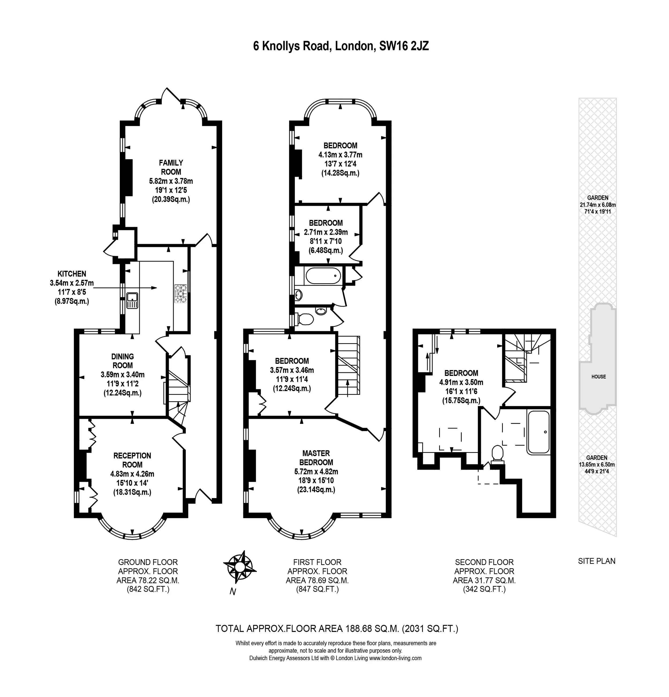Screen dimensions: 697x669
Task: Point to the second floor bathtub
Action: pyautogui.click(x=539, y=432)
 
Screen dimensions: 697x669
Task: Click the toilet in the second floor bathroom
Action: pyautogui.click(x=497, y=454)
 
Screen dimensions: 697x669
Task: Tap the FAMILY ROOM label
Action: pyautogui.click(x=171, y=167)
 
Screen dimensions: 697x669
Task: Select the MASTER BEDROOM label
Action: pyautogui.click(x=316, y=458)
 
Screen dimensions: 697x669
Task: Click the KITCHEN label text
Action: pyautogui.click(x=72, y=274)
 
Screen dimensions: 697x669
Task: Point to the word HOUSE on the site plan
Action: pyautogui.click(x=599, y=377)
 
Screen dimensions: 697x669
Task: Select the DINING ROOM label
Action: pyautogui.click(x=123, y=361)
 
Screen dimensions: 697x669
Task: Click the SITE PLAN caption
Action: pyautogui.click(x=596, y=561)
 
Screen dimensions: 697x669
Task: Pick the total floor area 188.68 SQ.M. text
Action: pyautogui.click(x=337, y=629)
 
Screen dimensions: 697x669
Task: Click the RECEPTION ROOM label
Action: pyautogui.click(x=132, y=460)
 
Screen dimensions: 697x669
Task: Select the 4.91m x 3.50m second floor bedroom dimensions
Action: pyautogui.click(x=461, y=382)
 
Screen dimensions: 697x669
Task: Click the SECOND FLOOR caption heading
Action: pyautogui.click(x=484, y=562)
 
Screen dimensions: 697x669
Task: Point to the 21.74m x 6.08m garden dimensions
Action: pyautogui.click(x=598, y=205)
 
